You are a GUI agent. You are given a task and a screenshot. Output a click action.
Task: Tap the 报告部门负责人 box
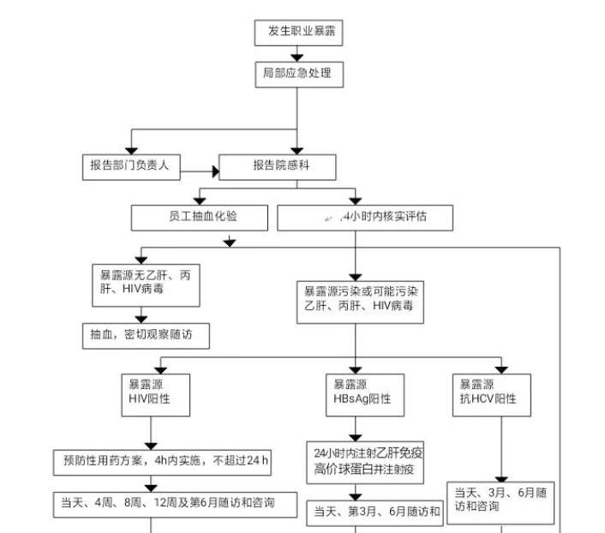(130, 166)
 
